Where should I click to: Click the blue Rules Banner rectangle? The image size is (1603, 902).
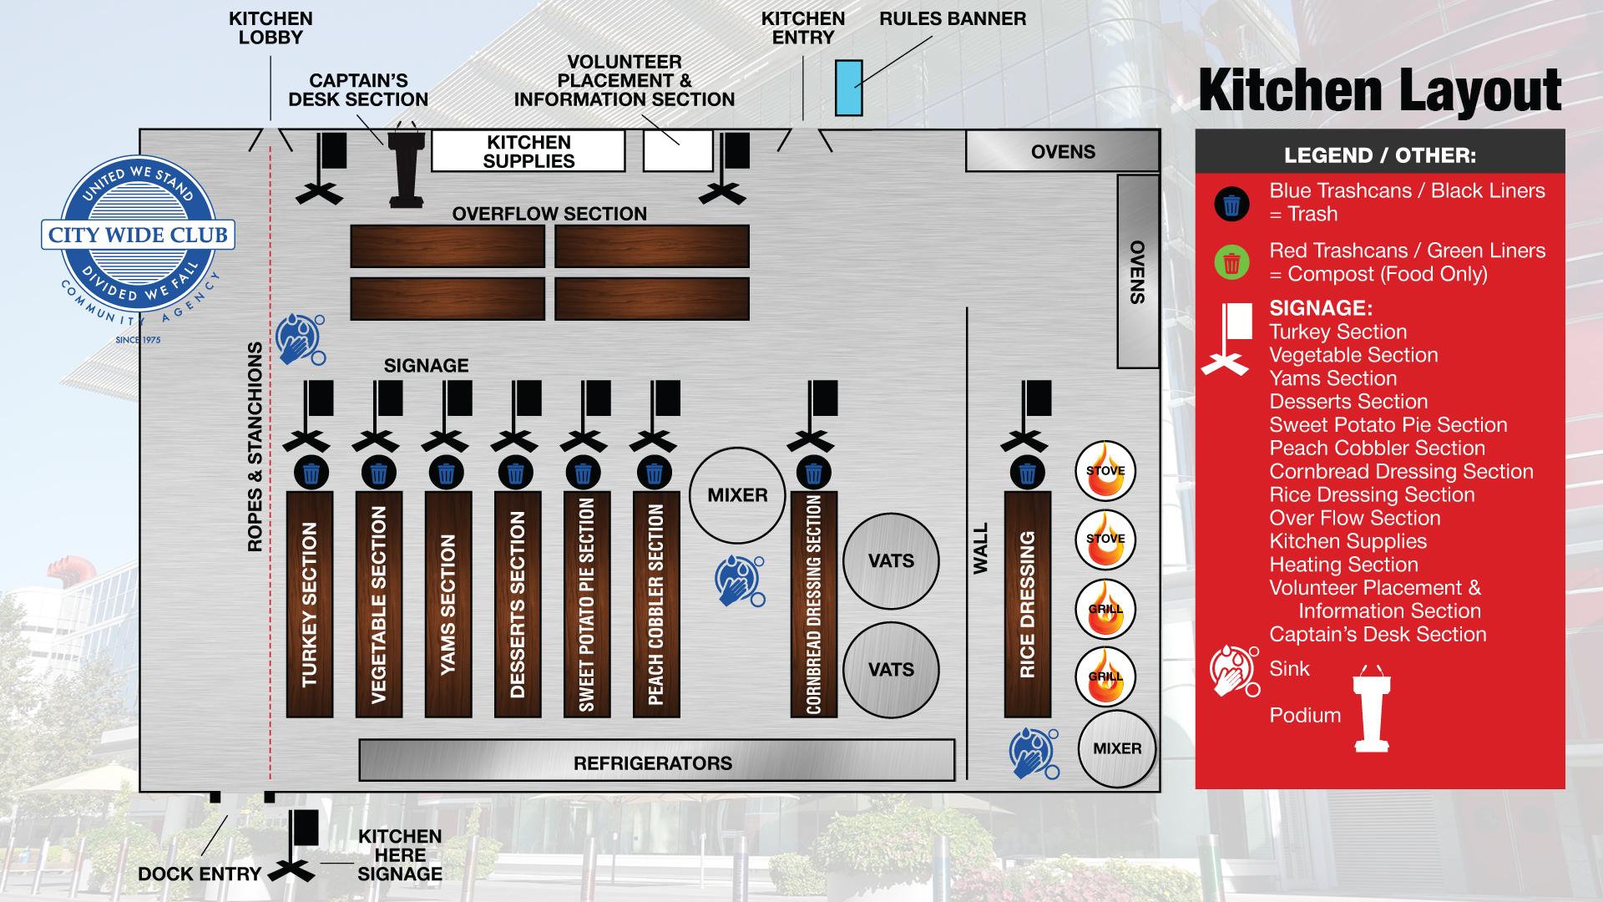coord(848,88)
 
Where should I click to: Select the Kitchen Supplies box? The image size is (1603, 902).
coord(528,151)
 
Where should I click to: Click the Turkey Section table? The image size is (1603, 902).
coord(310,604)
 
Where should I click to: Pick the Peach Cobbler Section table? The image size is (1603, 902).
coord(656,604)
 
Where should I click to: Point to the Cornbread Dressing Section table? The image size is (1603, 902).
coord(814,604)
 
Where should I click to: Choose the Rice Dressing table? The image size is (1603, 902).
coord(1027,604)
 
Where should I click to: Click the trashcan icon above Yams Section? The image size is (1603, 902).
coord(447,474)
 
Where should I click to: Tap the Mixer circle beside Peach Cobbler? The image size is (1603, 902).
coord(737,495)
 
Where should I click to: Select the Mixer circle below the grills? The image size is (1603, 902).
coord(1117,748)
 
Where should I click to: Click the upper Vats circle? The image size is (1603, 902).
coord(891,561)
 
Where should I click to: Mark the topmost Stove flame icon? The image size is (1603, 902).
coord(1105,470)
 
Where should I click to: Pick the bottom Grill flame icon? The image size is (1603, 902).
coord(1105,676)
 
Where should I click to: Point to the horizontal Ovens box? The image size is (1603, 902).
coord(1062,151)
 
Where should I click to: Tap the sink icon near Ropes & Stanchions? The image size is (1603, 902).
coord(300,338)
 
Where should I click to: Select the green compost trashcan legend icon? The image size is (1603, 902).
coord(1231,262)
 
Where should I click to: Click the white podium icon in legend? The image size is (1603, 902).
coord(1372,711)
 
